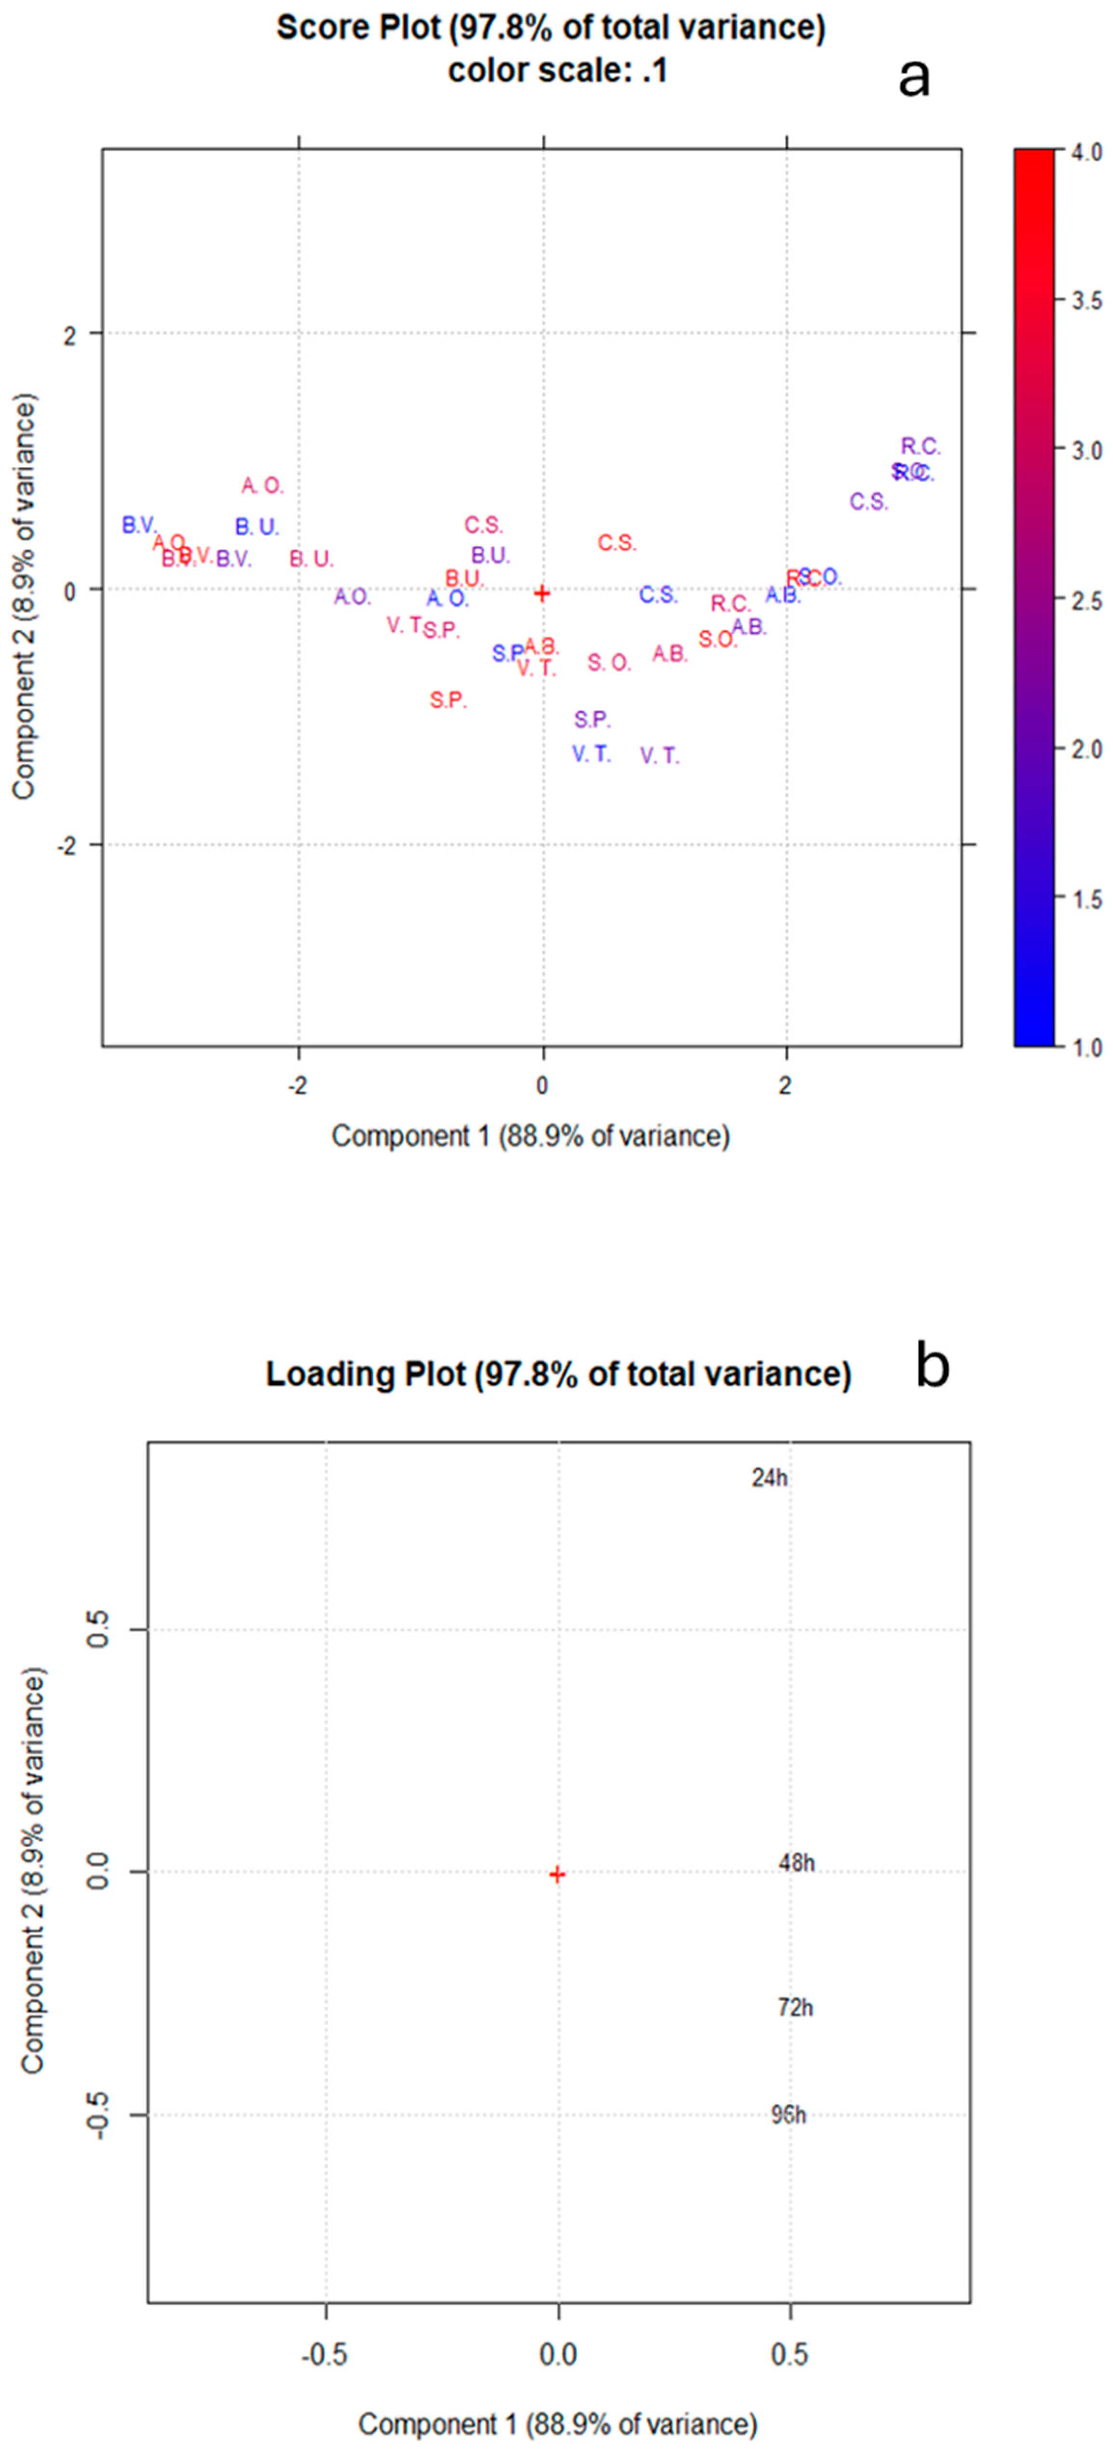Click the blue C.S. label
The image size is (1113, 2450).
pyautogui.click(x=657, y=596)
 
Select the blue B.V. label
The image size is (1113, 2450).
pyautogui.click(x=139, y=525)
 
